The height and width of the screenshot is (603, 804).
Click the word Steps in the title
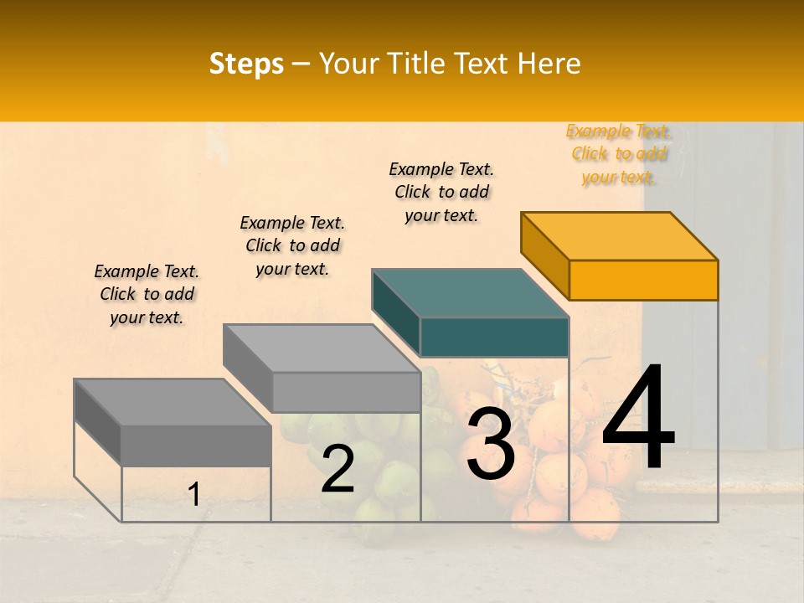point(246,64)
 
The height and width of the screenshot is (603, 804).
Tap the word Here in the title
point(549,64)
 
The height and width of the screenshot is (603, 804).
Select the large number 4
point(638,419)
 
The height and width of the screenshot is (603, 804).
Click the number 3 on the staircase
point(491,443)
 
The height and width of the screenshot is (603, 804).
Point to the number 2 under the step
point(338,469)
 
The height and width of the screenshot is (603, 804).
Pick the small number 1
point(194,495)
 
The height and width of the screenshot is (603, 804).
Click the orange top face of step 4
point(619,235)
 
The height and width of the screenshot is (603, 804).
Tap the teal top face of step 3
point(470,293)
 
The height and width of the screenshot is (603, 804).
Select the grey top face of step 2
point(322,348)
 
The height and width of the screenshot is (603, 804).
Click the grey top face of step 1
point(173,402)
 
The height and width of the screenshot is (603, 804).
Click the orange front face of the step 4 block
point(643,280)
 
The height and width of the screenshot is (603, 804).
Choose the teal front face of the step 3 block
point(494,337)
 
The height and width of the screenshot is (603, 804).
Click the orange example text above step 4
point(618,154)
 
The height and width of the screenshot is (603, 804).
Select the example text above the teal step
point(441,192)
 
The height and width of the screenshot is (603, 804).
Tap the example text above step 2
point(292,245)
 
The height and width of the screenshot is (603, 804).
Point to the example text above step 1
point(147,294)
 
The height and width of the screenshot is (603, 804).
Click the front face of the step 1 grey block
point(196,446)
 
